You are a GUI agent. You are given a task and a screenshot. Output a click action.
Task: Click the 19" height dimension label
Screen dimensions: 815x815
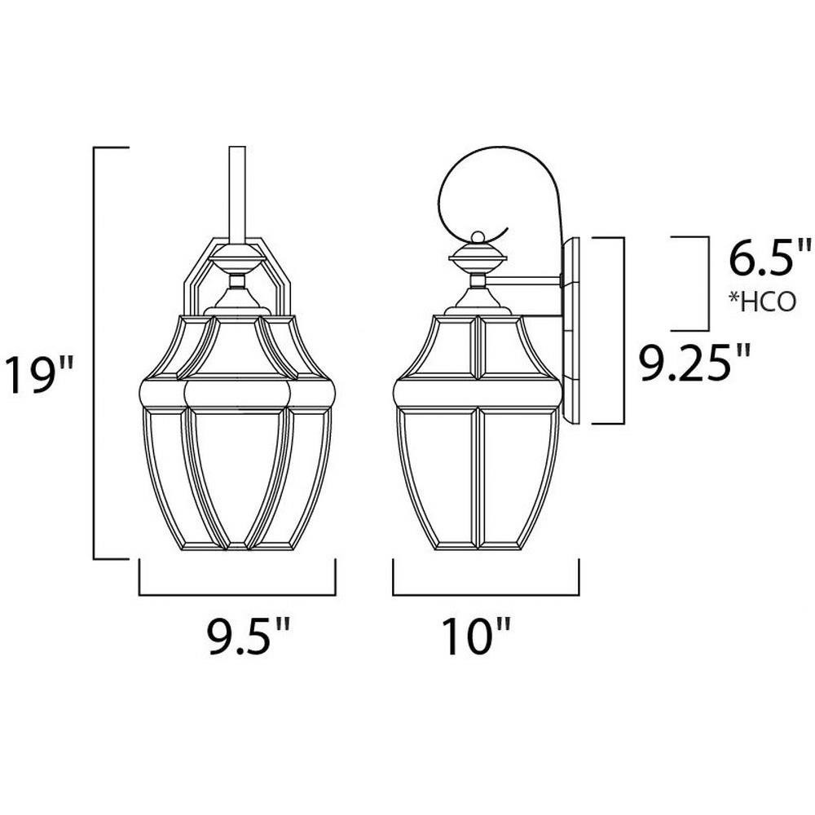[x=39, y=374]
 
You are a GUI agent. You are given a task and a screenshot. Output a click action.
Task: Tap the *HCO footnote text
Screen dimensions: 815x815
[x=763, y=302]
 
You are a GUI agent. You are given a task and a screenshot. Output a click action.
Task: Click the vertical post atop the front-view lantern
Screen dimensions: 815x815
[x=237, y=195]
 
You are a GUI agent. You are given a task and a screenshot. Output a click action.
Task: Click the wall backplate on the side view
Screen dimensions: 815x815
[x=570, y=330]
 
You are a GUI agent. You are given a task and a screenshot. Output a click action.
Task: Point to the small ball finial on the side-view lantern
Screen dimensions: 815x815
[x=477, y=237]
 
